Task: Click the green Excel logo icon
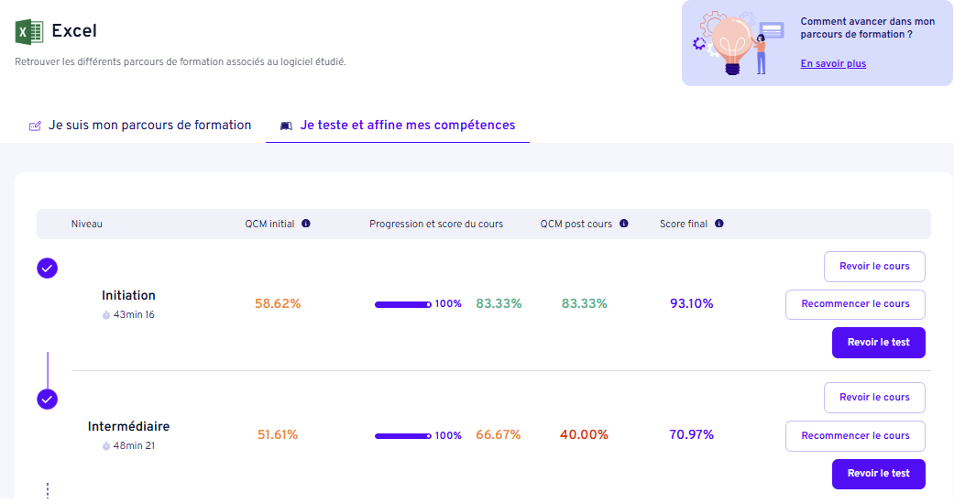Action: [x=29, y=32]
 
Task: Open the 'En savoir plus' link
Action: [x=833, y=64]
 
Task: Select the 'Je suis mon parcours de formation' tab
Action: [x=149, y=126]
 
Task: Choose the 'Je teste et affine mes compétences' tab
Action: [x=407, y=126]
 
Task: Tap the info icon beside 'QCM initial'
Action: [x=306, y=224]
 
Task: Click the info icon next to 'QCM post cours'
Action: [x=624, y=224]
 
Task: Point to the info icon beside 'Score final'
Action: [x=719, y=224]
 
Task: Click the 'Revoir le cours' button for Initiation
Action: [x=874, y=267]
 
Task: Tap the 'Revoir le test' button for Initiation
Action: [x=878, y=343]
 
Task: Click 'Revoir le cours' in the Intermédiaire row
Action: [x=874, y=398]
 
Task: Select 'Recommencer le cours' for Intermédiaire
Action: [x=855, y=436]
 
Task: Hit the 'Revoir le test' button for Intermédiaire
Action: [x=878, y=474]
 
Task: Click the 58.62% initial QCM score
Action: [x=278, y=304]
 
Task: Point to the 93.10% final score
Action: [x=691, y=304]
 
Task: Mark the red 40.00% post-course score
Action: [x=584, y=435]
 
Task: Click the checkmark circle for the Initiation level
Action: [x=48, y=268]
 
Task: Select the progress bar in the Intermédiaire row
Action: [x=403, y=436]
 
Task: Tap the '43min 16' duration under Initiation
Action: [x=133, y=315]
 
